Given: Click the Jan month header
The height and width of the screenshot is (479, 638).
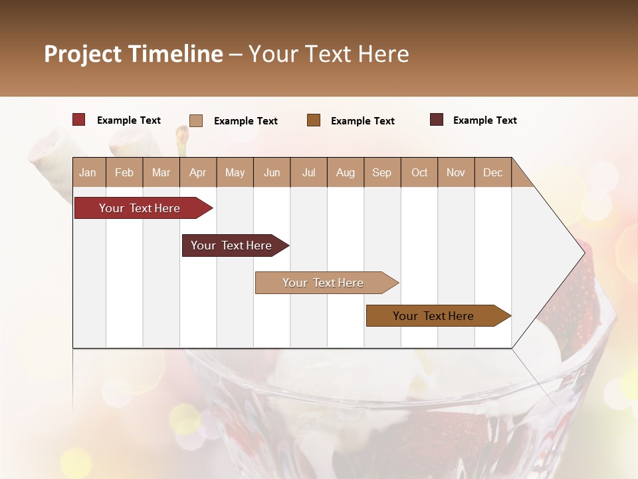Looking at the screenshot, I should click(88, 172).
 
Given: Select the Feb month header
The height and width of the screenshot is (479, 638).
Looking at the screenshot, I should click(124, 172).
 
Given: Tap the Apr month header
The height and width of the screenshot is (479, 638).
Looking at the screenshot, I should click(197, 172).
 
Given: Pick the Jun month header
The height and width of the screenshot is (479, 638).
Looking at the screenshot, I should click(272, 172).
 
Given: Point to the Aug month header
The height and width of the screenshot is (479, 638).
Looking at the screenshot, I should click(345, 172).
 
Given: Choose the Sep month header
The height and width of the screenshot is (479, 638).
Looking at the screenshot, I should click(381, 172).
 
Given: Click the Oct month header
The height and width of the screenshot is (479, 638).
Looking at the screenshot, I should click(419, 172).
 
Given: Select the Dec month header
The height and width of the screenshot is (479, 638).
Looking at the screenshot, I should click(492, 172).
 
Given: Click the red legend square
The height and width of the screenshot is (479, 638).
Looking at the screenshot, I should click(79, 120).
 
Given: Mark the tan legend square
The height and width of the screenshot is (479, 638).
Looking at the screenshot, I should click(196, 120).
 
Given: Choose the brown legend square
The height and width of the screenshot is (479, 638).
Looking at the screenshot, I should click(314, 120).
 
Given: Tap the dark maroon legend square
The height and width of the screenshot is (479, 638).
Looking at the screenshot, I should click(437, 120).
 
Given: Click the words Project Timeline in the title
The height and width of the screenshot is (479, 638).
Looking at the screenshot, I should click(133, 54).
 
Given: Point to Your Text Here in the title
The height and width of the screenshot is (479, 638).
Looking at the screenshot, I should click(328, 54).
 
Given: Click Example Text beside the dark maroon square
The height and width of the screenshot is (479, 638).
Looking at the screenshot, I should click(484, 120).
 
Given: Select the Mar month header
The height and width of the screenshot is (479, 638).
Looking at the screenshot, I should click(161, 172).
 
